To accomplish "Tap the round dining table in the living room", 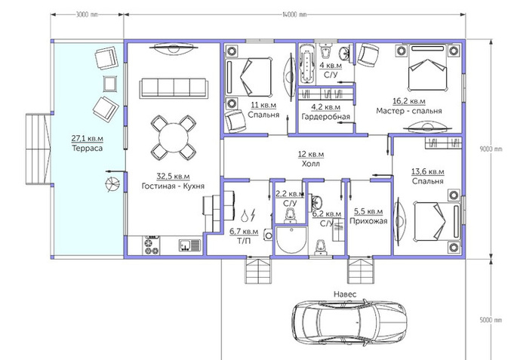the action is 174,137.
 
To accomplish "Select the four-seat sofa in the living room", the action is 174,88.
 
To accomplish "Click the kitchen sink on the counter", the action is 189,245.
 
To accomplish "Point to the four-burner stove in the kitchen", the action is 152,245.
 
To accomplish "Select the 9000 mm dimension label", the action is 491,149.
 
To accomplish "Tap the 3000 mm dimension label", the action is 87,14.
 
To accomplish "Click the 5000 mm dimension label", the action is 491,320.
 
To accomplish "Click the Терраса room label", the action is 88,148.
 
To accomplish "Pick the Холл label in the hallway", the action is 311,163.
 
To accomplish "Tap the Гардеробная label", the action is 326,117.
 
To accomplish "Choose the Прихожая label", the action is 368,221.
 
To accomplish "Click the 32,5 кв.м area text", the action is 173,177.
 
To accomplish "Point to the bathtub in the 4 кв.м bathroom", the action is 307,63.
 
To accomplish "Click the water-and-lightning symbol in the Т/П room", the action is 248,215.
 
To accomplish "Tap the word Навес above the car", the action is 345,294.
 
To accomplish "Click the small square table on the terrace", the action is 109,84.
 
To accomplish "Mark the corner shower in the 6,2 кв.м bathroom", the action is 291,240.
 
